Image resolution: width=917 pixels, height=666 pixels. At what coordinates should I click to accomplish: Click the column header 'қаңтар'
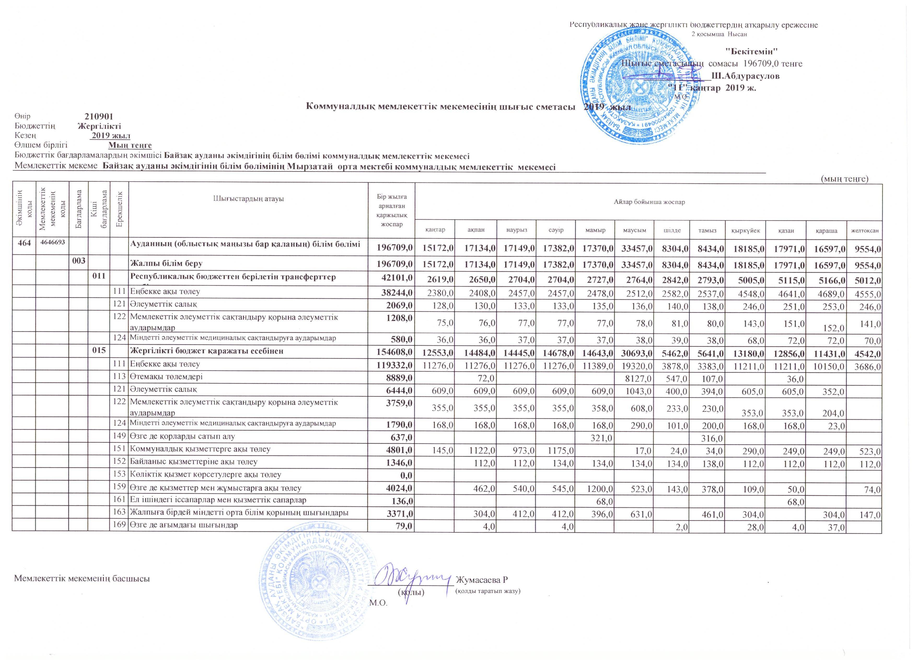435,230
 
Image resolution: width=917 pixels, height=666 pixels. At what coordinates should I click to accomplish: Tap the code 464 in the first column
24,243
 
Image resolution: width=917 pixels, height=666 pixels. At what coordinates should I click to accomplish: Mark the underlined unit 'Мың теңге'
130,145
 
